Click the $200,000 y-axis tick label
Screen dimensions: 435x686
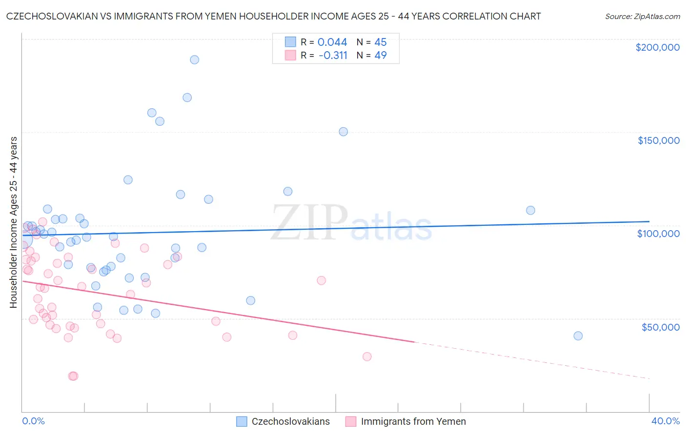click(657, 47)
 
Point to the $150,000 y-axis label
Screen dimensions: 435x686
click(658, 140)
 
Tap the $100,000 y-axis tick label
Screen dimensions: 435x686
click(658, 234)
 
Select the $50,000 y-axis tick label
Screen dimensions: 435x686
click(660, 327)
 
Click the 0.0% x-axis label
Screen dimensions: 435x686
click(34, 421)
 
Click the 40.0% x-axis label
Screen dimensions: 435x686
click(665, 421)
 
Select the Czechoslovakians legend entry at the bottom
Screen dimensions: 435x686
click(283, 421)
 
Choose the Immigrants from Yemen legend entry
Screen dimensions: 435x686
click(405, 421)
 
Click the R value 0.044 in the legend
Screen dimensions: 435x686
click(332, 42)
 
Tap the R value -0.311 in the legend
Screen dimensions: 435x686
click(333, 56)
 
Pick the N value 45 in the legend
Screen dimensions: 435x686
click(381, 42)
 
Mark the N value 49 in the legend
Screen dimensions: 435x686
click(381, 56)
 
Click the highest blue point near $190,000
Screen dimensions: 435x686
click(194, 60)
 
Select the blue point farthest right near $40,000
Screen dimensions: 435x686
click(578, 336)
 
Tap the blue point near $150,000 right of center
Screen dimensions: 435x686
click(343, 132)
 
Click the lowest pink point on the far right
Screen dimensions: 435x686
click(367, 356)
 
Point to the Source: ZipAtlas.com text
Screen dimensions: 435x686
click(642, 17)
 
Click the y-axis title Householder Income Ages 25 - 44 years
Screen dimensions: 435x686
click(14, 222)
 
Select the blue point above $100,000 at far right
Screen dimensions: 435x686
click(530, 210)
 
